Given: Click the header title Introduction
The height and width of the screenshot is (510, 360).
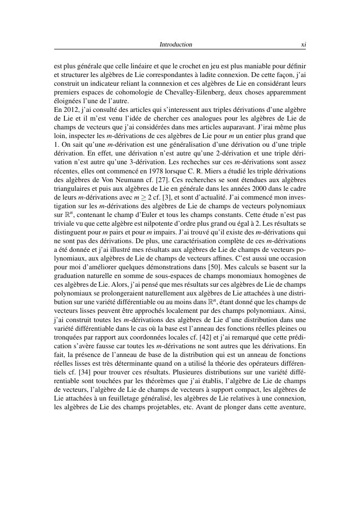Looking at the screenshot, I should pos(176,45).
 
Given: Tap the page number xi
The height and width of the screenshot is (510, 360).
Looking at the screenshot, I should pos(303,45).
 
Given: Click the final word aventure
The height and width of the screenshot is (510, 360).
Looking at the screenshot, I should pos(292,406).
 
